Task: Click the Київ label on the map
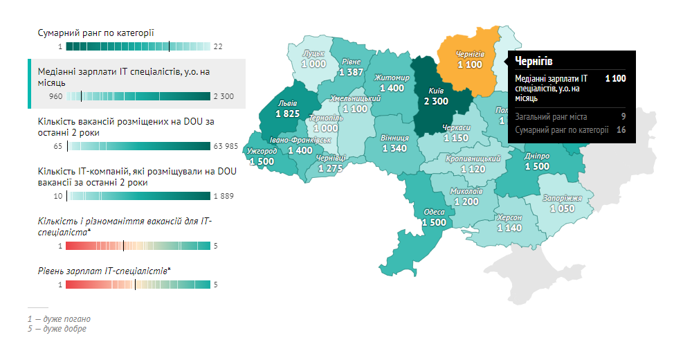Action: pos(436,91)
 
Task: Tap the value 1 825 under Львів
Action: pos(286,114)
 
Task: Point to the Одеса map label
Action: pos(434,213)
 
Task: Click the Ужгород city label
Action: pos(261,151)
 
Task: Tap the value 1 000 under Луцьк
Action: pos(313,64)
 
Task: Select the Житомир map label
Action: pos(392,78)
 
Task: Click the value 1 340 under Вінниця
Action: pos(394,148)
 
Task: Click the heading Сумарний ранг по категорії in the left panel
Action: pos(95,33)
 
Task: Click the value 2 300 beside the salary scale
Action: pos(224,96)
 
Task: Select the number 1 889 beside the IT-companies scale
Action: pos(224,196)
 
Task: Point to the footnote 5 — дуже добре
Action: pos(57,329)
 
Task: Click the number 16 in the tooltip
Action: pos(621,129)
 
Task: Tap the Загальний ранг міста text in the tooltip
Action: pos(551,117)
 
